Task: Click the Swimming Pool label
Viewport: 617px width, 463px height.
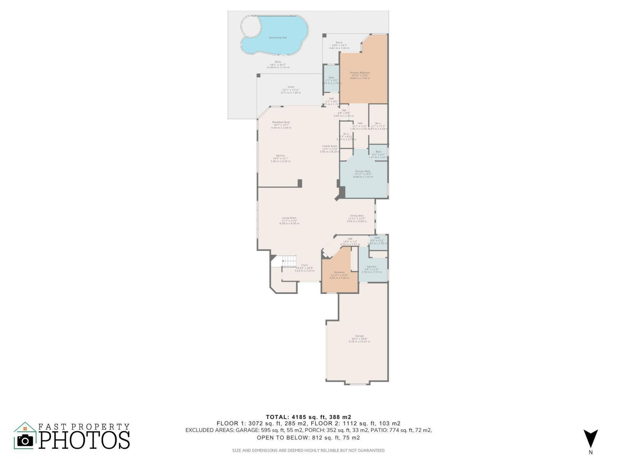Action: tap(278, 38)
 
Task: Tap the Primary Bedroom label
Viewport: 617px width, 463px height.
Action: tap(360, 73)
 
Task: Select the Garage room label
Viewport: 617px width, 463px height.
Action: tap(359, 336)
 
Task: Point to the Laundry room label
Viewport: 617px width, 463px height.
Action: tap(371, 267)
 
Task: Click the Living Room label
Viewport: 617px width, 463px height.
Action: tap(289, 218)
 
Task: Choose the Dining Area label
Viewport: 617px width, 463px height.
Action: tap(356, 216)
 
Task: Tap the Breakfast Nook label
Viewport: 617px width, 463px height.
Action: tap(281, 122)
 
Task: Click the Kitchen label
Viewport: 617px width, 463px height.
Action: tap(280, 156)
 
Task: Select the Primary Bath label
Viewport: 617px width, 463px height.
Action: tap(363, 171)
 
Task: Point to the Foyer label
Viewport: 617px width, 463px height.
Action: tap(304, 265)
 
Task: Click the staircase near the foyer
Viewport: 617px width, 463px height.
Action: tap(289, 261)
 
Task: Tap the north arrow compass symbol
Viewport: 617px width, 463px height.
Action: tap(591, 439)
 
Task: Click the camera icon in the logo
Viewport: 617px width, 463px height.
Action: tap(25, 440)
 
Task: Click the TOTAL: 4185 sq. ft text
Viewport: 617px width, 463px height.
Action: tap(308, 417)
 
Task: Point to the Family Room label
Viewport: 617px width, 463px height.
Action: tap(330, 146)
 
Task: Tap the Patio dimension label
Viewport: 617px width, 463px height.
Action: tap(278, 65)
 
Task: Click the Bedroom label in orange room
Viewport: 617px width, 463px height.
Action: tap(339, 272)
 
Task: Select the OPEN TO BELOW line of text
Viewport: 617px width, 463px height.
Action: tap(308, 438)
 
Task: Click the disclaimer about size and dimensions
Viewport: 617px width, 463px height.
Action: tap(308, 450)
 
